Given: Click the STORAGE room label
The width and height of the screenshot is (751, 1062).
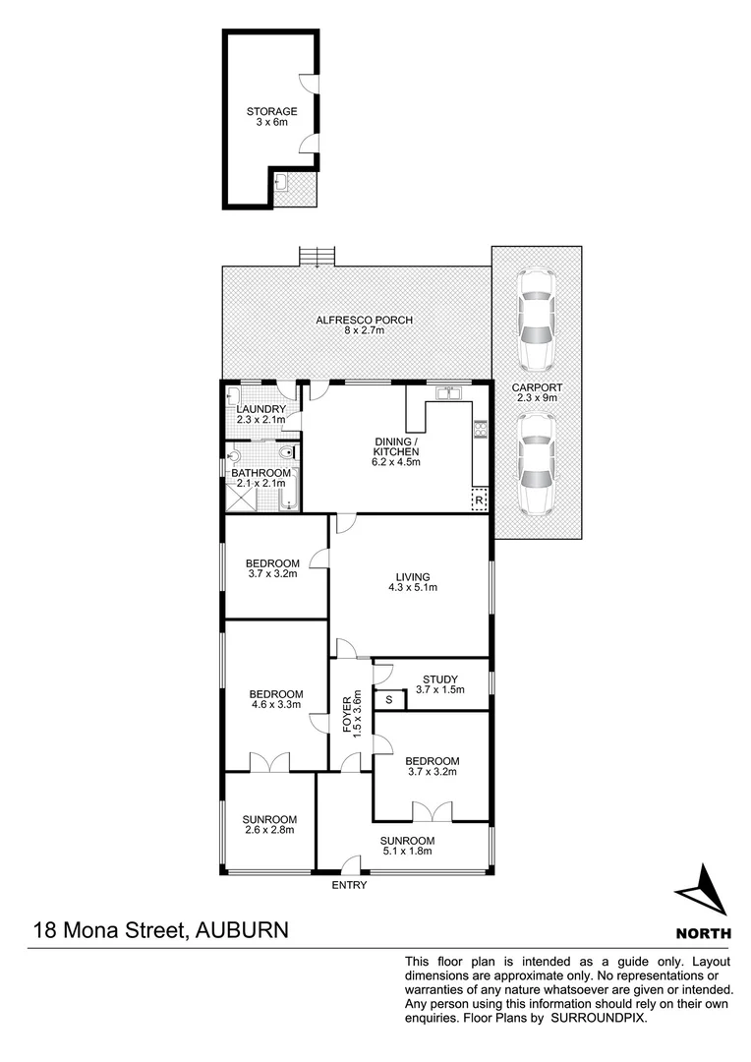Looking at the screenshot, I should coord(271,112).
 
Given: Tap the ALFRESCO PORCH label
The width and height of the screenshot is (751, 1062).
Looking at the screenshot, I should coord(364,321).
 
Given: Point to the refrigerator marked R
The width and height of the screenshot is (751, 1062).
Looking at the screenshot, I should coord(479,501).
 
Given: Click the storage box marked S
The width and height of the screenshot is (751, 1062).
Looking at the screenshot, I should coord(389,700).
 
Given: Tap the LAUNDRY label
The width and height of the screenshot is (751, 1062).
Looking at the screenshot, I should coord(261,410).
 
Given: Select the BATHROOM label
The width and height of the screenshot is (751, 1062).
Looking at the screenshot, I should coord(260,473).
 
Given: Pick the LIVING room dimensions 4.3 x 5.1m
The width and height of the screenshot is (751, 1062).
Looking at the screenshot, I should coord(413,588).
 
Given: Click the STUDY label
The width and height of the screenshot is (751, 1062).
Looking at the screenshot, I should coord(438,679).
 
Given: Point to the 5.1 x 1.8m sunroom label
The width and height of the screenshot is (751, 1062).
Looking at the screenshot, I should coord(408,852).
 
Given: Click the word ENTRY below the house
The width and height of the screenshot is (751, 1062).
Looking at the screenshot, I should coord(350,885).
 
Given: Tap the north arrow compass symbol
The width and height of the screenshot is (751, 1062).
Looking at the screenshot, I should coord(702,891).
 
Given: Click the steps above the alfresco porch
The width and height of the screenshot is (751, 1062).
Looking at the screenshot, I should coord(318,256).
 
